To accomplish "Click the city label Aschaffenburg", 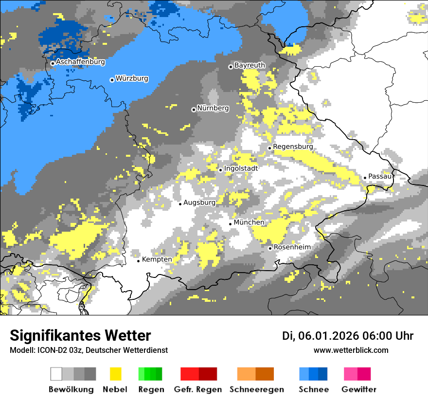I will pos(80,62).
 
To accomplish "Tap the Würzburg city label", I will pos(132,78).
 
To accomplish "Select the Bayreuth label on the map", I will pos(250,65).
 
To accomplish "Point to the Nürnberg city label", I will pos(213,108).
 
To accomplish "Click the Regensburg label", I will pos(293,147).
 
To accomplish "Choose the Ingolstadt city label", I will pos(241,168).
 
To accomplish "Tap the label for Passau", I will pos(380,176).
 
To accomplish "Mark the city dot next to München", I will pos(231,224).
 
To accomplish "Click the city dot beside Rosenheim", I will pos(270,248).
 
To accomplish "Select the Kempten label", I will pos(157,259).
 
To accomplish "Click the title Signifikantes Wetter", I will pos(80,335).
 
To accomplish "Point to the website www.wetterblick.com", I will pos(351,350).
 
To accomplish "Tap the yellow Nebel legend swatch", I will pos(115,374).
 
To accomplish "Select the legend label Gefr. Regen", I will pos(198,389).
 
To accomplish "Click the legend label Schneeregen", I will pos(256,389).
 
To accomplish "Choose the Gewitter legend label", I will pos(359,389).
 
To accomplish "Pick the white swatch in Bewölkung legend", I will pos(56,374).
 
